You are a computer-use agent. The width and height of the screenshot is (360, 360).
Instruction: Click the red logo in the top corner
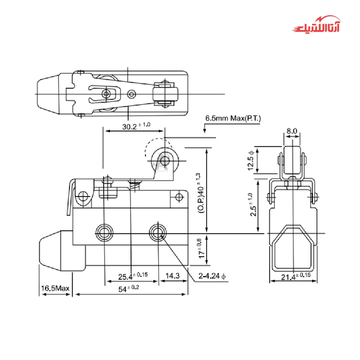tap(316, 24)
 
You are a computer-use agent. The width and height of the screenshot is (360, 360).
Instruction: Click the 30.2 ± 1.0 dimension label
tap(136, 126)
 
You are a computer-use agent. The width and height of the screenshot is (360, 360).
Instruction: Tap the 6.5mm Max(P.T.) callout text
tap(233, 118)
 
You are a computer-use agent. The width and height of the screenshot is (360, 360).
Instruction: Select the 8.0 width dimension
tap(292, 131)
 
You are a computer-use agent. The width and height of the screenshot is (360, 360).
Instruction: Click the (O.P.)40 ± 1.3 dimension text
tap(201, 193)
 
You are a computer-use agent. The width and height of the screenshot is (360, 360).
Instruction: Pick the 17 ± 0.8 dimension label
tap(201, 248)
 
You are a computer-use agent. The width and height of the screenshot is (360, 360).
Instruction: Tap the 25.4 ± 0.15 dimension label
tap(133, 276)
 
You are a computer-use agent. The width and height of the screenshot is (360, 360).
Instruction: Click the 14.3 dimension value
tap(172, 276)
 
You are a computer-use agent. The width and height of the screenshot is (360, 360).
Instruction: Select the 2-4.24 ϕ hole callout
tap(212, 276)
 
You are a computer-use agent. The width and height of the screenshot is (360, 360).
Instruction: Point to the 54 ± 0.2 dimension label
tap(129, 289)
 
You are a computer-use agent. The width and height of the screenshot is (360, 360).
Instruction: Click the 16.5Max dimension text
tap(55, 288)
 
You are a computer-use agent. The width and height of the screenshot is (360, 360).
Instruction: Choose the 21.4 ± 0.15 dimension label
tap(296, 276)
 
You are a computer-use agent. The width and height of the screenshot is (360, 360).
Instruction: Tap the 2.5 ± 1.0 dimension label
tap(252, 204)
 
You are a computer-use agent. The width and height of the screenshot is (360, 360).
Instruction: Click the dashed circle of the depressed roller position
tap(158, 148)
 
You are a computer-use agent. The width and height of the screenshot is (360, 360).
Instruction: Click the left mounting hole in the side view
tap(104, 233)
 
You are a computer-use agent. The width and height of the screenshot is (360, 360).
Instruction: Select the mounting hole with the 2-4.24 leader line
tap(158, 233)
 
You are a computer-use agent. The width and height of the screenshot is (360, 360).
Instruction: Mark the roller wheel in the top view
tap(165, 94)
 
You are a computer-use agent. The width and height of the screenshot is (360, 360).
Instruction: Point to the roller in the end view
tap(292, 161)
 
